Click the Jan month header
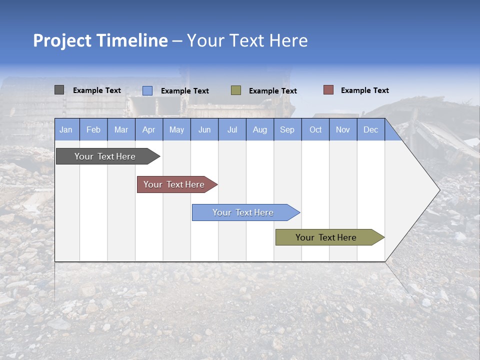point(66,129)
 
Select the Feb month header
point(93,129)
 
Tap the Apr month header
point(148,129)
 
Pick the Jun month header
point(204,129)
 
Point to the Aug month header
point(259,129)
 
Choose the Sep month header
point(287,129)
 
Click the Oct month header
point(315,129)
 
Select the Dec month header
point(370,129)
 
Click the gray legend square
point(59,90)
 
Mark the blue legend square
point(147,90)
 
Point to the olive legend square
point(236,90)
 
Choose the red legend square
point(328,90)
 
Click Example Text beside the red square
point(364,90)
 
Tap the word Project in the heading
point(62,40)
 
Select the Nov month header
point(343,129)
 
